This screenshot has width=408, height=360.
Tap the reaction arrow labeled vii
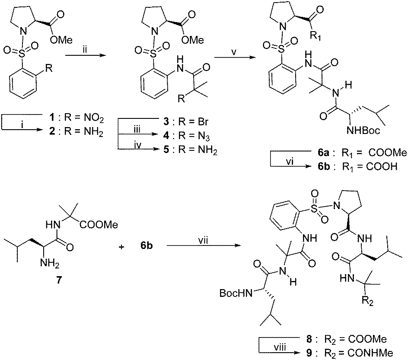(x=204, y=245)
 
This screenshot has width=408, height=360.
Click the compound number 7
(x=58, y=280)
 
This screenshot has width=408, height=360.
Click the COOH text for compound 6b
(x=382, y=166)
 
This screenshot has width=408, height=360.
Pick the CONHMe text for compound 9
(x=370, y=353)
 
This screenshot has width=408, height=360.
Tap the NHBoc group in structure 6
(x=363, y=131)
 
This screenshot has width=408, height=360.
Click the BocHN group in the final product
(x=236, y=293)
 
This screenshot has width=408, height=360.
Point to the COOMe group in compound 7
(x=99, y=224)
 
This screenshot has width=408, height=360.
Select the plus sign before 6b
(x=121, y=246)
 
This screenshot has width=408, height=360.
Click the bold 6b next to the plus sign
(x=147, y=245)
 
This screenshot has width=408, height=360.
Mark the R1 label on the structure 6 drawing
(x=316, y=35)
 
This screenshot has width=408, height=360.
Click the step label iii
(x=137, y=130)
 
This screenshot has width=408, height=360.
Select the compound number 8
(x=309, y=339)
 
